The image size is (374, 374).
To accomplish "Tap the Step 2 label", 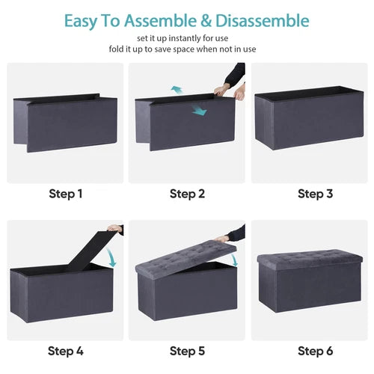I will point(187,194).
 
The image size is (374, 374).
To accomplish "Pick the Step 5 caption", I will point(187,350).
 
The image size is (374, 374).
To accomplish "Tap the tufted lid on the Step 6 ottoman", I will point(308,257).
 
